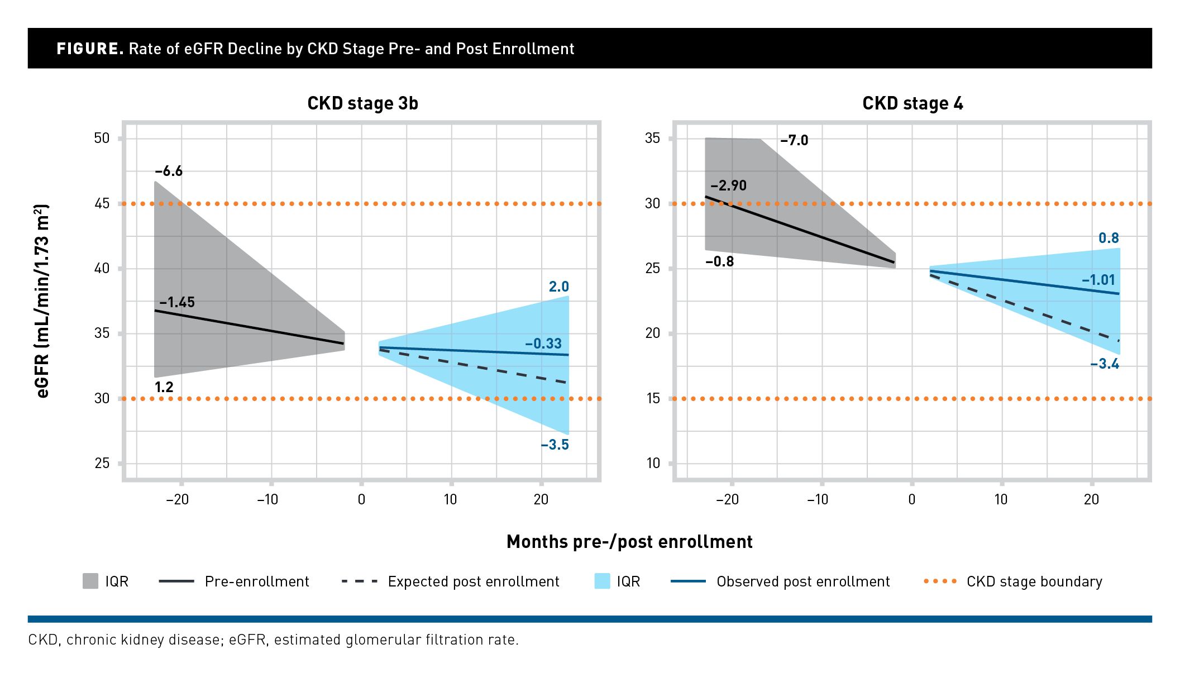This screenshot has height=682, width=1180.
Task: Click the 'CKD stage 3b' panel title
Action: [362, 103]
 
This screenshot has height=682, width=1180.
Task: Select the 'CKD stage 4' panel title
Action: [913, 103]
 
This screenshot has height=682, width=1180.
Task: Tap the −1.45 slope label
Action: [176, 302]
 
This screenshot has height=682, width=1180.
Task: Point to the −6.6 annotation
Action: [169, 171]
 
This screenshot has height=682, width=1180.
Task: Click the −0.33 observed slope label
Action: [543, 344]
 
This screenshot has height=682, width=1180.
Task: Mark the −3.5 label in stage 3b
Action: [555, 445]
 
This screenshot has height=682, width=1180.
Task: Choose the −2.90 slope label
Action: [728, 185]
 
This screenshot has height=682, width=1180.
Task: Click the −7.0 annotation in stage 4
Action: [794, 140]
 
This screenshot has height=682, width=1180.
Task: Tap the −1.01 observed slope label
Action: [1098, 280]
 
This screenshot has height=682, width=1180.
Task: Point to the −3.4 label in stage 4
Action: [1105, 364]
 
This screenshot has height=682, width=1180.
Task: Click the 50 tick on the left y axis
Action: [102, 138]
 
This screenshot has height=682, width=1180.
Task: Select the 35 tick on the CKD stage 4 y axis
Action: [652, 138]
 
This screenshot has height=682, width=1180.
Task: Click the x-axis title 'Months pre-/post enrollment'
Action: [629, 542]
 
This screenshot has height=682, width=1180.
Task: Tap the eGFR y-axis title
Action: [42, 301]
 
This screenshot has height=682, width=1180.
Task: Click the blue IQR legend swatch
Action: [602, 581]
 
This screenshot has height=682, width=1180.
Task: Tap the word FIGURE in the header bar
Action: [89, 49]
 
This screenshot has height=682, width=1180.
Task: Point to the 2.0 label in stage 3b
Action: [558, 287]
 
